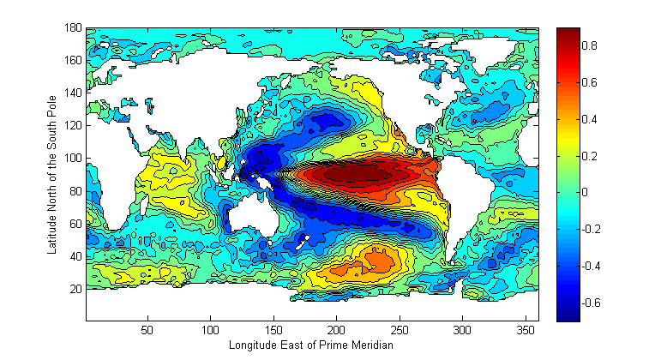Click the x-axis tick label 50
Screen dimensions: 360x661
[147, 329]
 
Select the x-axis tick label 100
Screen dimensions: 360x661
[211, 329]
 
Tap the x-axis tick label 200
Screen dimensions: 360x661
[337, 329]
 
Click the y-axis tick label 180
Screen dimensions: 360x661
[72, 28]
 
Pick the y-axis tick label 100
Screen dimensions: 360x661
[72, 159]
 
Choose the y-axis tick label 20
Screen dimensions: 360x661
[75, 289]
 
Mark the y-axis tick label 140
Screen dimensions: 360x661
[72, 93]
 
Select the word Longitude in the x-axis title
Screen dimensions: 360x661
[250, 345]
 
